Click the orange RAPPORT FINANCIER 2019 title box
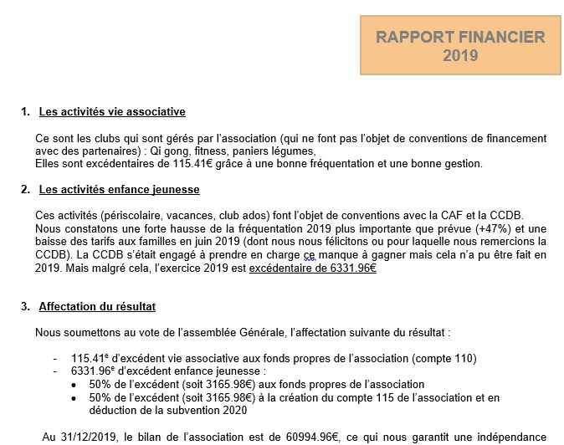click(x=460, y=47)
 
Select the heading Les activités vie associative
click(x=112, y=111)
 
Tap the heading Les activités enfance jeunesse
click(x=117, y=190)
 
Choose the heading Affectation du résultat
click(x=97, y=306)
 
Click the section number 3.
click(x=25, y=306)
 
